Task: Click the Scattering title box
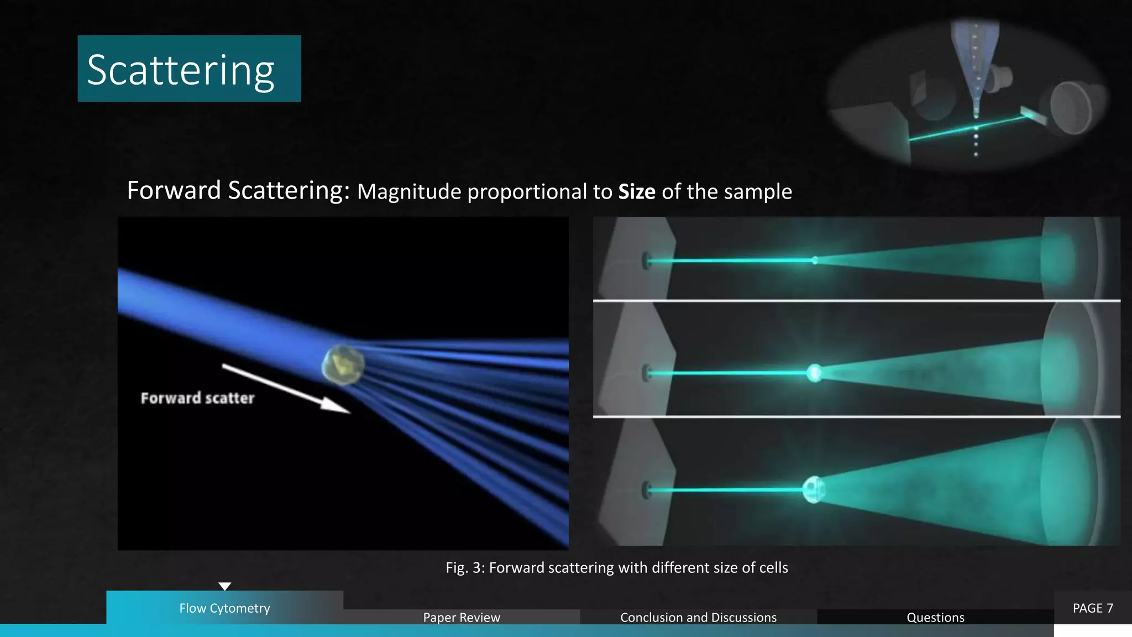189,69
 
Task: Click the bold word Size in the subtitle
636,192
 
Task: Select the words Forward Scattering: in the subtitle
238,191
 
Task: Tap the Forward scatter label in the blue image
197,398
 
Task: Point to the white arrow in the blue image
285,388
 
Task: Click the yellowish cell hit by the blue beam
343,364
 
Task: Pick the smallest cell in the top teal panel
815,260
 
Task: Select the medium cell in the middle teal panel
814,373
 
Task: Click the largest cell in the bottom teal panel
814,490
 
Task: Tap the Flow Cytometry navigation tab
224,608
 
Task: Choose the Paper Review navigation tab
462,617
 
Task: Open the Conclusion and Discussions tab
698,617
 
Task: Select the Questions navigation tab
935,617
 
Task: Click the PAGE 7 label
1092,608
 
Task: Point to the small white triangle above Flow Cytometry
224,586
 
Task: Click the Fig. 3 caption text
617,568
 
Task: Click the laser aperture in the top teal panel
646,260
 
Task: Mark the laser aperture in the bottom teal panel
646,490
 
